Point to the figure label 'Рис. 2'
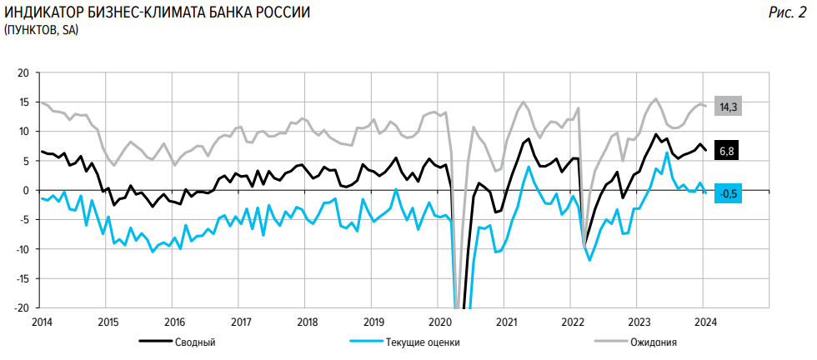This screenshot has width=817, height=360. tap(787, 13)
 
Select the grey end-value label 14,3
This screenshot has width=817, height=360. tap(729, 107)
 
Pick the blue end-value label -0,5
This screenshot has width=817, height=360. tap(729, 193)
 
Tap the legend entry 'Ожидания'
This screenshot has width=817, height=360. tap(654, 342)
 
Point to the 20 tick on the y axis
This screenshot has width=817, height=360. tap(23, 73)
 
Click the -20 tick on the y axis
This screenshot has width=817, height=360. tap(22, 307)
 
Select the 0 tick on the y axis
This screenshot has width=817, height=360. tap(26, 190)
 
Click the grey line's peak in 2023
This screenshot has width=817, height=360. tap(655, 98)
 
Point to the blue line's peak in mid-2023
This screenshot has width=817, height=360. tap(667, 153)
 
